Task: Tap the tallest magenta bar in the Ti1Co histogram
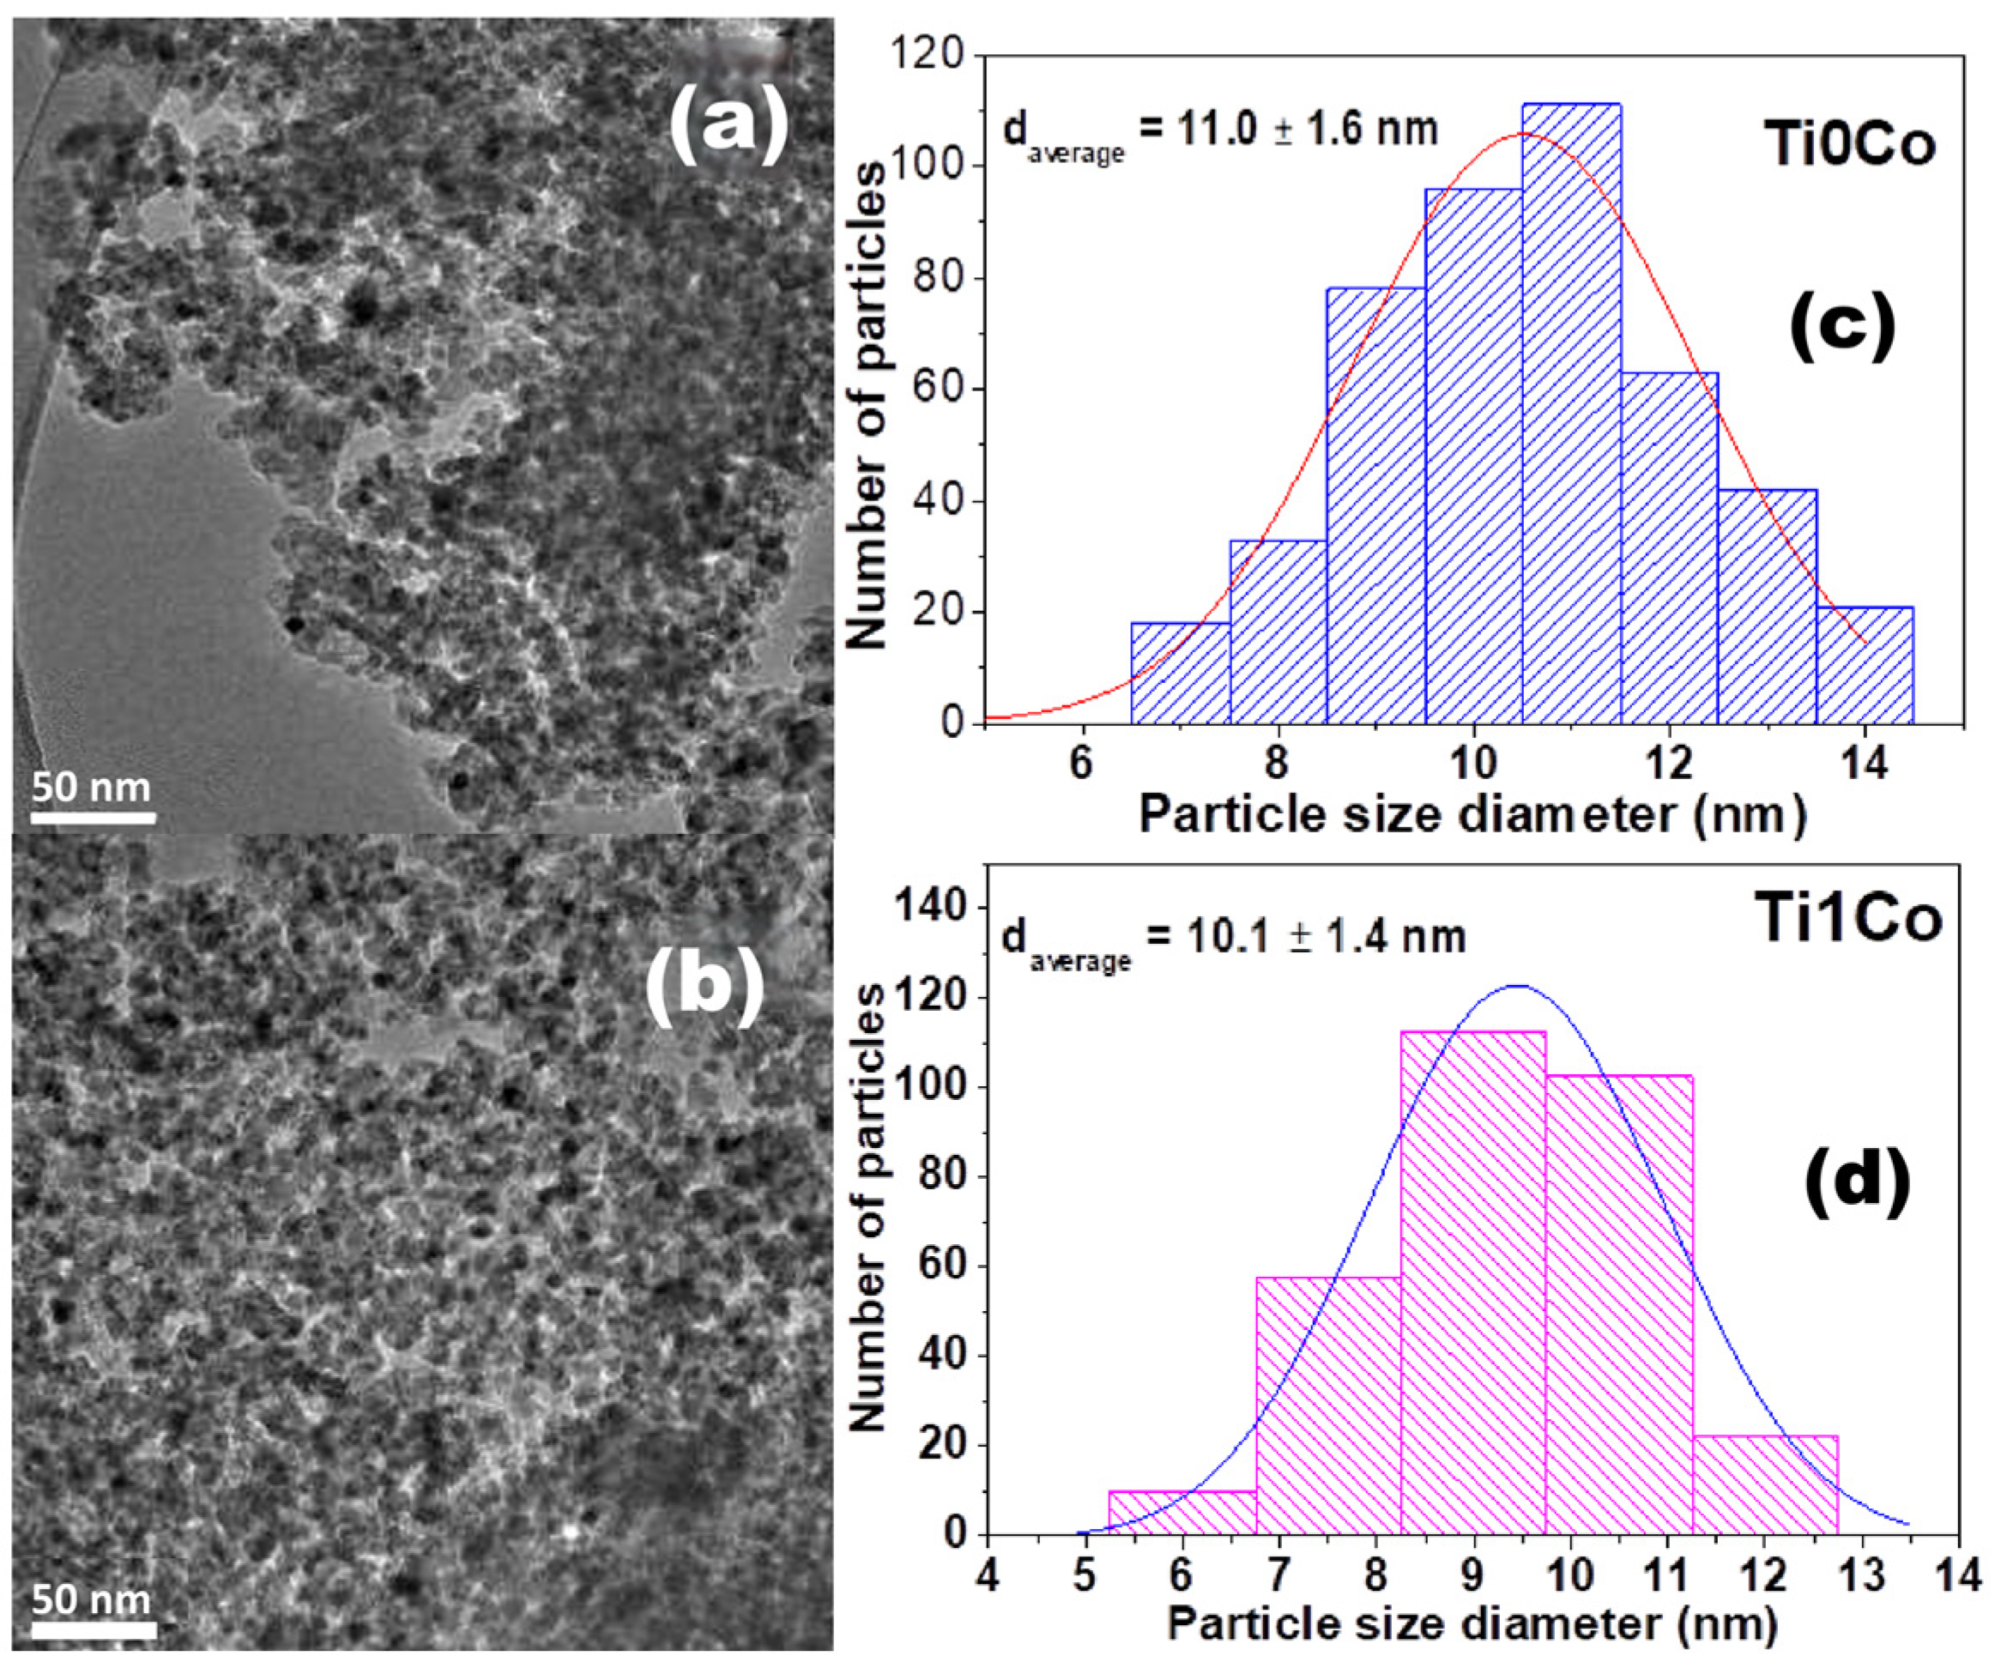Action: coord(1473,1283)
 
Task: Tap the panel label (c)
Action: coord(1841,325)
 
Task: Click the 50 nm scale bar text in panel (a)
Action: coord(91,787)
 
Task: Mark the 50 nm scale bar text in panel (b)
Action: coord(91,1599)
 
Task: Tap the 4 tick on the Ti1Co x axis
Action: coord(988,1577)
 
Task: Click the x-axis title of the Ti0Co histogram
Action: coord(1472,815)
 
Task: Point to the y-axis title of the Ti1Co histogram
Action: coord(867,1206)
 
